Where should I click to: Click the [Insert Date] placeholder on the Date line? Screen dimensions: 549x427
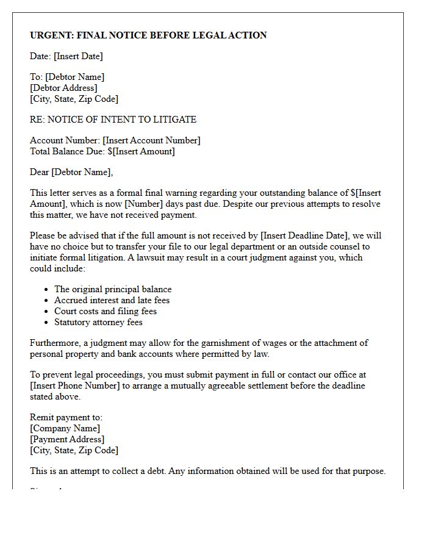click(x=78, y=56)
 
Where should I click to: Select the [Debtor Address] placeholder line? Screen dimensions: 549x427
click(x=63, y=88)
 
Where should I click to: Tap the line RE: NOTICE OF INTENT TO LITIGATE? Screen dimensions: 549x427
click(x=113, y=120)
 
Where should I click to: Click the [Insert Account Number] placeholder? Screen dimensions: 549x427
click(x=151, y=140)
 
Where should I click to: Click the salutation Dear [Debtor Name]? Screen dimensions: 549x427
click(x=71, y=172)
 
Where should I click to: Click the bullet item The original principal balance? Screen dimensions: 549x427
click(x=113, y=289)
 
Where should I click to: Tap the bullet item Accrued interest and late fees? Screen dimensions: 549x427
click(x=112, y=300)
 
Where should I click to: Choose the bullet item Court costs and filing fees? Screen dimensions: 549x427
click(x=106, y=311)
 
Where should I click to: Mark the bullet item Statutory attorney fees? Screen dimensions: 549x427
click(x=98, y=322)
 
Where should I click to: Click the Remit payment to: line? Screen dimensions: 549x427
click(x=66, y=417)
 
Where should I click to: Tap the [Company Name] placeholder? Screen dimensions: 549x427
click(x=65, y=428)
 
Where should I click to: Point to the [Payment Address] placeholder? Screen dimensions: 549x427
click(x=67, y=439)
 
